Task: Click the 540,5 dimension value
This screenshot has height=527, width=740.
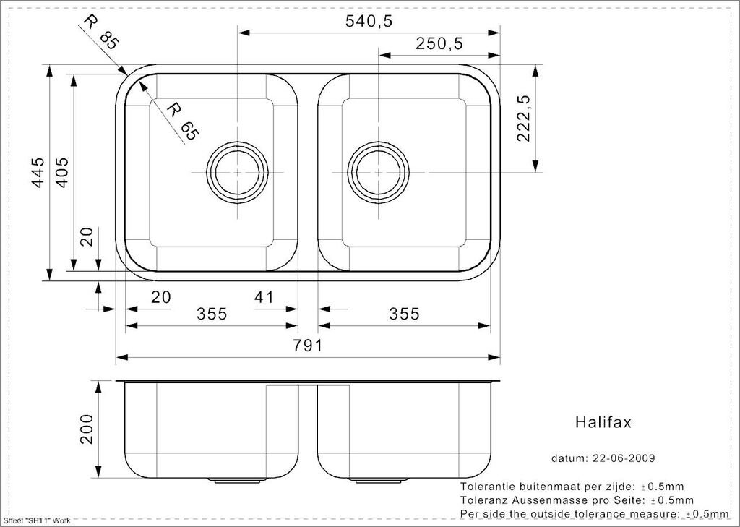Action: tap(369, 21)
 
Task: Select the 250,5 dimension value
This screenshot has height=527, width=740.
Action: tap(439, 44)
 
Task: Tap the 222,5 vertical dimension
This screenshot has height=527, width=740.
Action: tap(525, 119)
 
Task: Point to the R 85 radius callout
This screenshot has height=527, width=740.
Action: tap(100, 33)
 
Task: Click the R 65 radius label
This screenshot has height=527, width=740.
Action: tap(183, 122)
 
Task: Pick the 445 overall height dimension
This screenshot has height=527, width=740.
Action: tap(38, 172)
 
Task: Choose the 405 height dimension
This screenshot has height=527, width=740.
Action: tap(62, 172)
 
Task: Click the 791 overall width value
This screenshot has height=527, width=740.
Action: tap(308, 346)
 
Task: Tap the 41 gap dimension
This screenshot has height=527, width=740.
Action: tap(264, 297)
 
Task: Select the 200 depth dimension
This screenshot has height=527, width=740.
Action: tap(87, 429)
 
